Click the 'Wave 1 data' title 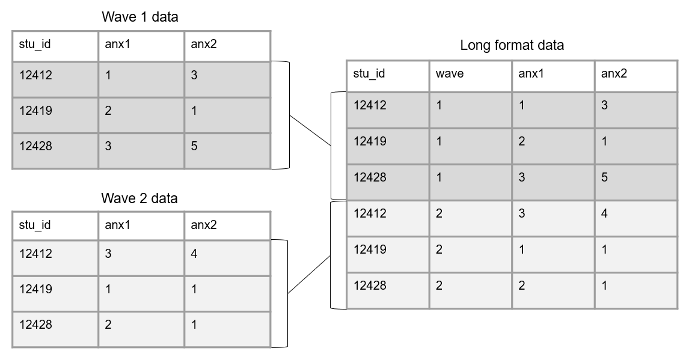pos(139,17)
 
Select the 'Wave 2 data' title pos(139,198)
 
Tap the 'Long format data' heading pos(512,45)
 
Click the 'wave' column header pos(450,74)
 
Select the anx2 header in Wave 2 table pos(204,225)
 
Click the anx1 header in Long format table pos(531,74)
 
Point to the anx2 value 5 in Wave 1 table pos(194,146)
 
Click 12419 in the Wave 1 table pos(35,111)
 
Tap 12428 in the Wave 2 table pos(35,325)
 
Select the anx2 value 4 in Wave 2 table pos(194,254)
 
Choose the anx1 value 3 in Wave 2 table pos(108,254)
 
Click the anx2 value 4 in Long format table pos(605,213)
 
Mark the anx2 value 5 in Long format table pos(605,177)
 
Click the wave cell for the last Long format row pos(439,285)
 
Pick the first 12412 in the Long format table pos(370,105)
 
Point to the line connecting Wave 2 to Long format pos(310,274)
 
